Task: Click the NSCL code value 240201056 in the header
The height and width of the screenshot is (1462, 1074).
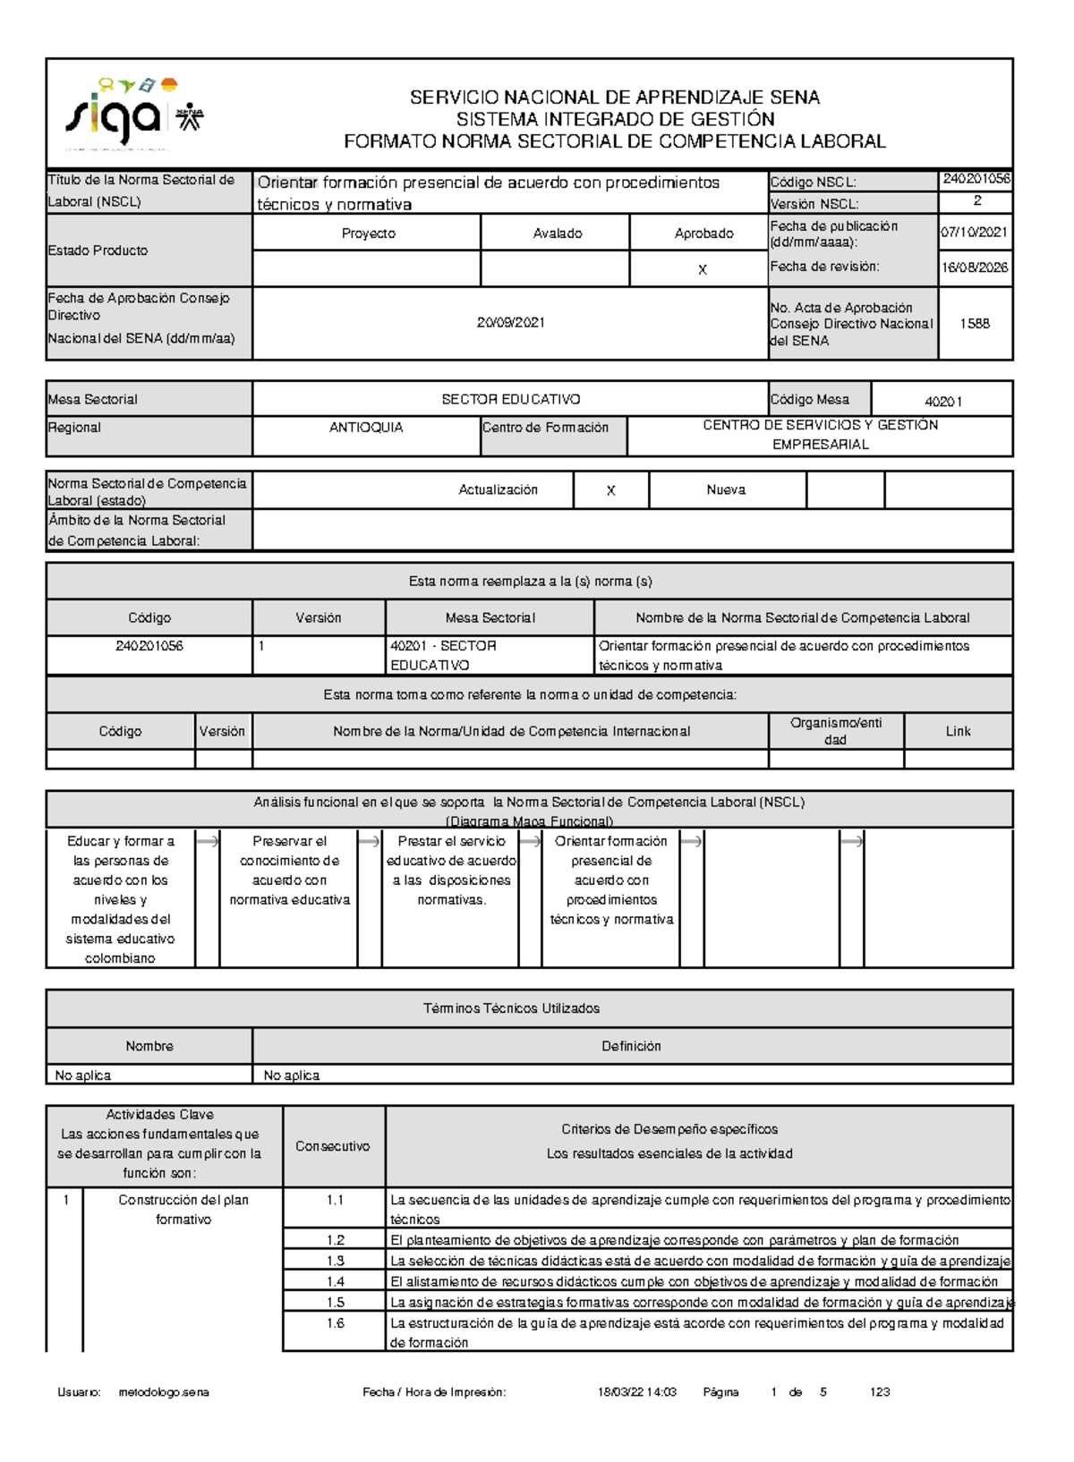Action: pyautogui.click(x=976, y=179)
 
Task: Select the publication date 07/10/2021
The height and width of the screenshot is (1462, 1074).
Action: pyautogui.click(x=974, y=233)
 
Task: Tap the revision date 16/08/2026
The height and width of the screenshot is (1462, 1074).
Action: pyautogui.click(x=974, y=268)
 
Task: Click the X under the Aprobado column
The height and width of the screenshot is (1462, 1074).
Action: pyautogui.click(x=702, y=270)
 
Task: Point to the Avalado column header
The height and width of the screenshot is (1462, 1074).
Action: pyautogui.click(x=557, y=234)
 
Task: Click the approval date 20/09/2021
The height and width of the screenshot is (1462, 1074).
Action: pyautogui.click(x=510, y=323)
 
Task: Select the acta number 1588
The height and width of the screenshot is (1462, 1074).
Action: pyautogui.click(x=974, y=324)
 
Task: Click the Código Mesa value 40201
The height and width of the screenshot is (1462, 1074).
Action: pyautogui.click(x=942, y=402)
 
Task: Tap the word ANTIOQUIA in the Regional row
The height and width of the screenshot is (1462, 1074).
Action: pyautogui.click(x=366, y=428)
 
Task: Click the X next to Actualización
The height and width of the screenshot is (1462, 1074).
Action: pyautogui.click(x=610, y=491)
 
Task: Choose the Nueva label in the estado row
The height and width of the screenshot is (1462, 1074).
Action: pyautogui.click(x=725, y=490)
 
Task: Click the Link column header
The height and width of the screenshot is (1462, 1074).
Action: pyautogui.click(x=958, y=732)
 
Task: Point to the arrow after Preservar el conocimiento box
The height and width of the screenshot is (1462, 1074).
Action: pyautogui.click(x=369, y=842)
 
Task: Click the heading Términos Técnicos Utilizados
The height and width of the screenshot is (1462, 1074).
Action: pyautogui.click(x=510, y=1009)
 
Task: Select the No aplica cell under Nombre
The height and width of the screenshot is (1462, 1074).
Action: pyautogui.click(x=83, y=1075)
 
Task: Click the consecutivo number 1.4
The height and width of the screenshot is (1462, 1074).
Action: pyautogui.click(x=335, y=1282)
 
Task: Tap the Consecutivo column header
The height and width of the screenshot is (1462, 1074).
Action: pyautogui.click(x=332, y=1147)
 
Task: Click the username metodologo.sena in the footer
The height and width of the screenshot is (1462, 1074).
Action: pyautogui.click(x=164, y=1392)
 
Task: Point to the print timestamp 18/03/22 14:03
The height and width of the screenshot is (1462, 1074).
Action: pyautogui.click(x=636, y=1392)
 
